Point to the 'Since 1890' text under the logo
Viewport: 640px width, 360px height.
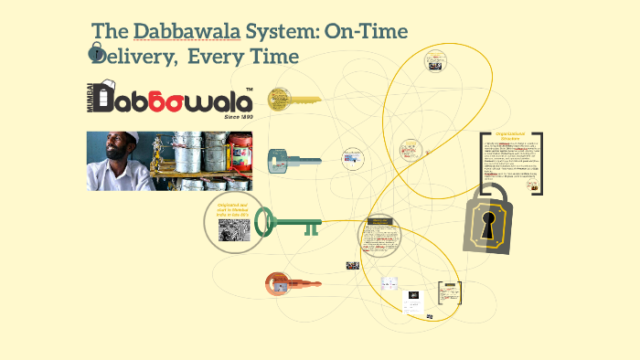pos(238,117)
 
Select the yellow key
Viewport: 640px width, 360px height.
pos(293,99)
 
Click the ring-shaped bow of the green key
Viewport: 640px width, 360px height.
pos(265,221)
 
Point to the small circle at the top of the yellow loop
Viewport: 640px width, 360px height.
pos(435,61)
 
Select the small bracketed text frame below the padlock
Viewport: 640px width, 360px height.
pos(449,291)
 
